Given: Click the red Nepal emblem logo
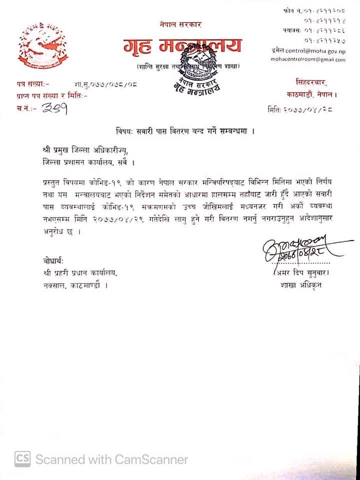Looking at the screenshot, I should [42, 46].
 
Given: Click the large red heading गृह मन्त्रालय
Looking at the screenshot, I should [182, 46].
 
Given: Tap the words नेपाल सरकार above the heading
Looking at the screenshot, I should [180, 24].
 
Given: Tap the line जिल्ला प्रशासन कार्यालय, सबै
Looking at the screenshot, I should [88, 162].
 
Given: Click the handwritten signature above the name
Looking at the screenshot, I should [295, 249].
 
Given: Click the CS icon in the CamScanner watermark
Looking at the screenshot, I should [22, 458].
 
